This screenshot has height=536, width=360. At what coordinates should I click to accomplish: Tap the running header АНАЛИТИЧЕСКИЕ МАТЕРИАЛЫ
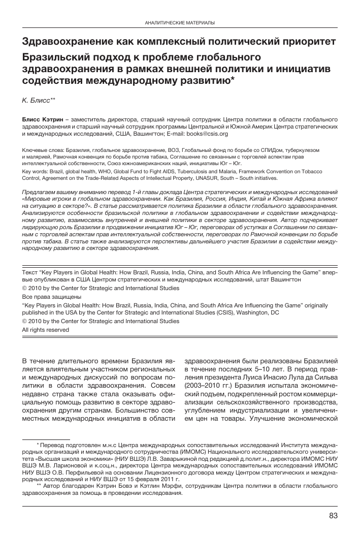click(180, 23)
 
